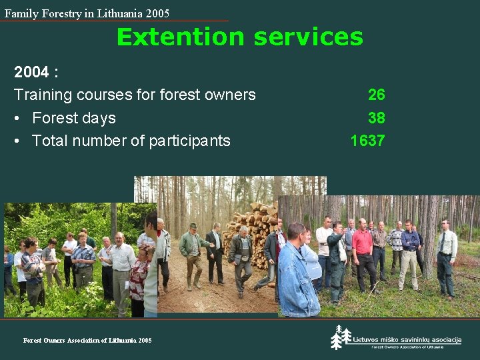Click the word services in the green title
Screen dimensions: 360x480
click(x=306, y=37)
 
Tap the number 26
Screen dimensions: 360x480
click(x=376, y=95)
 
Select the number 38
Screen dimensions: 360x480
click(x=376, y=118)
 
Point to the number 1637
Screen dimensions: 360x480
click(x=367, y=141)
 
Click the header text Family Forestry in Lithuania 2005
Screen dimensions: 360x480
click(x=87, y=13)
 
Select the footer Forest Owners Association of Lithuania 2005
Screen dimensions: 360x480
click(x=87, y=340)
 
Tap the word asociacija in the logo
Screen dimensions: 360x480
click(x=441, y=340)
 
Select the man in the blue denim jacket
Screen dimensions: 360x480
click(x=296, y=273)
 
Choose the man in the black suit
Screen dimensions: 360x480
click(x=215, y=253)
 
